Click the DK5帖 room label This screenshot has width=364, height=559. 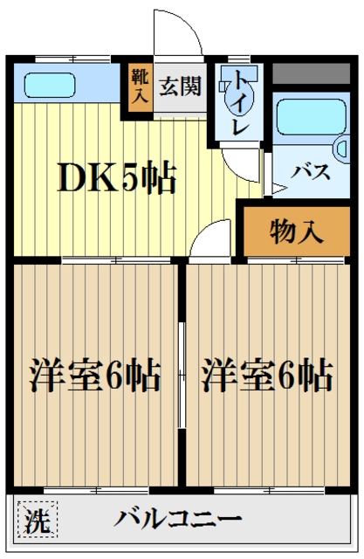pos(116,179)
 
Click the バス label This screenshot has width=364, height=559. pos(312,171)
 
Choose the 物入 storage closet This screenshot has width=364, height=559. pos(297,232)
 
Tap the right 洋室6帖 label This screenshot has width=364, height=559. pos(267,376)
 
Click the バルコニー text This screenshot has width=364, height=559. pos(179,519)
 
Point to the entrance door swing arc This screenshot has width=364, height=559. pos(179,35)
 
